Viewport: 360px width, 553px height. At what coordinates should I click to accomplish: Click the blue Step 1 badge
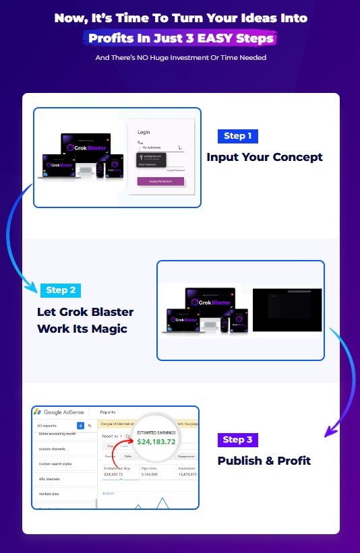237,136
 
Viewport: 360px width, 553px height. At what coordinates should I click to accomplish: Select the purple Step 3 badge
237,440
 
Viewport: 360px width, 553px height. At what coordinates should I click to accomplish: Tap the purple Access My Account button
160,181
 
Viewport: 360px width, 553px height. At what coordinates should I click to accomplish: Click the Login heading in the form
144,132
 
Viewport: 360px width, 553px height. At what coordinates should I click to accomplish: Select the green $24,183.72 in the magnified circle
156,441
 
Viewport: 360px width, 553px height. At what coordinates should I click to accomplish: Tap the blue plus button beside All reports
80,426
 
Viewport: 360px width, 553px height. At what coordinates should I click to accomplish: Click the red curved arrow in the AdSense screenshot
120,450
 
